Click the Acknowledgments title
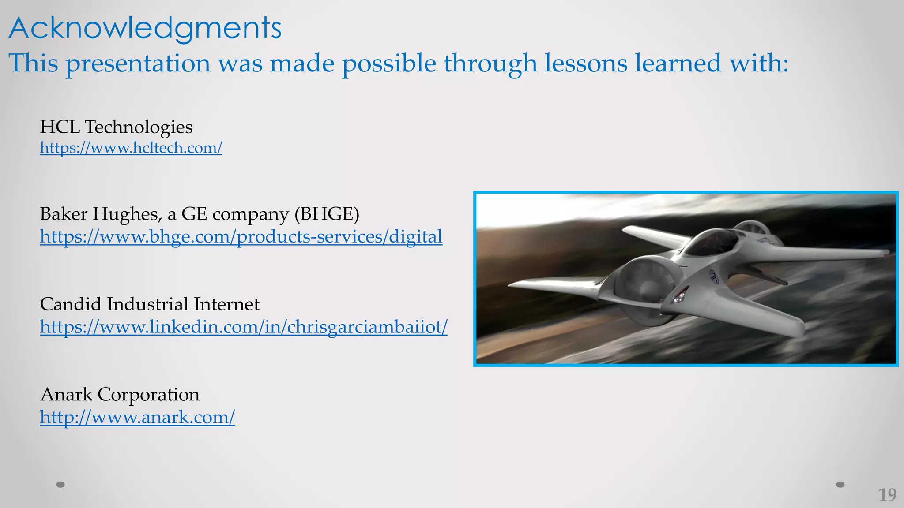[x=145, y=29]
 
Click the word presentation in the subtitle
[x=138, y=63]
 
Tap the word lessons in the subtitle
[x=585, y=63]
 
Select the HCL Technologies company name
[x=116, y=127]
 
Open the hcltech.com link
[x=131, y=148]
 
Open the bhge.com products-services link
[x=241, y=237]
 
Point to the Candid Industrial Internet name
[x=149, y=304]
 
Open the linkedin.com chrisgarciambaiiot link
[x=244, y=327]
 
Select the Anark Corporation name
[x=120, y=394]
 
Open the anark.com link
[x=137, y=417]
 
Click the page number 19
[x=887, y=495]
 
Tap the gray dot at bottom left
[x=61, y=485]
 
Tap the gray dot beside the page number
[x=840, y=485]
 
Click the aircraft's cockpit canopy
[x=711, y=242]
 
